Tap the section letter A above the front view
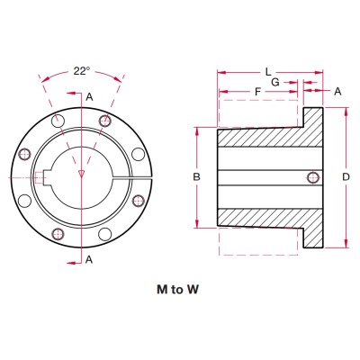[90, 96]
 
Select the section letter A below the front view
[90, 259]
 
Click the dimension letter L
[267, 70]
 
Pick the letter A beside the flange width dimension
[337, 91]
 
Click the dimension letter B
[196, 177]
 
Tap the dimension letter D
[346, 177]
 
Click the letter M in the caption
[162, 292]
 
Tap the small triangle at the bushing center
[82, 171]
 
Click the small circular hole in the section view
[311, 176]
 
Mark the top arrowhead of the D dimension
[346, 110]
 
